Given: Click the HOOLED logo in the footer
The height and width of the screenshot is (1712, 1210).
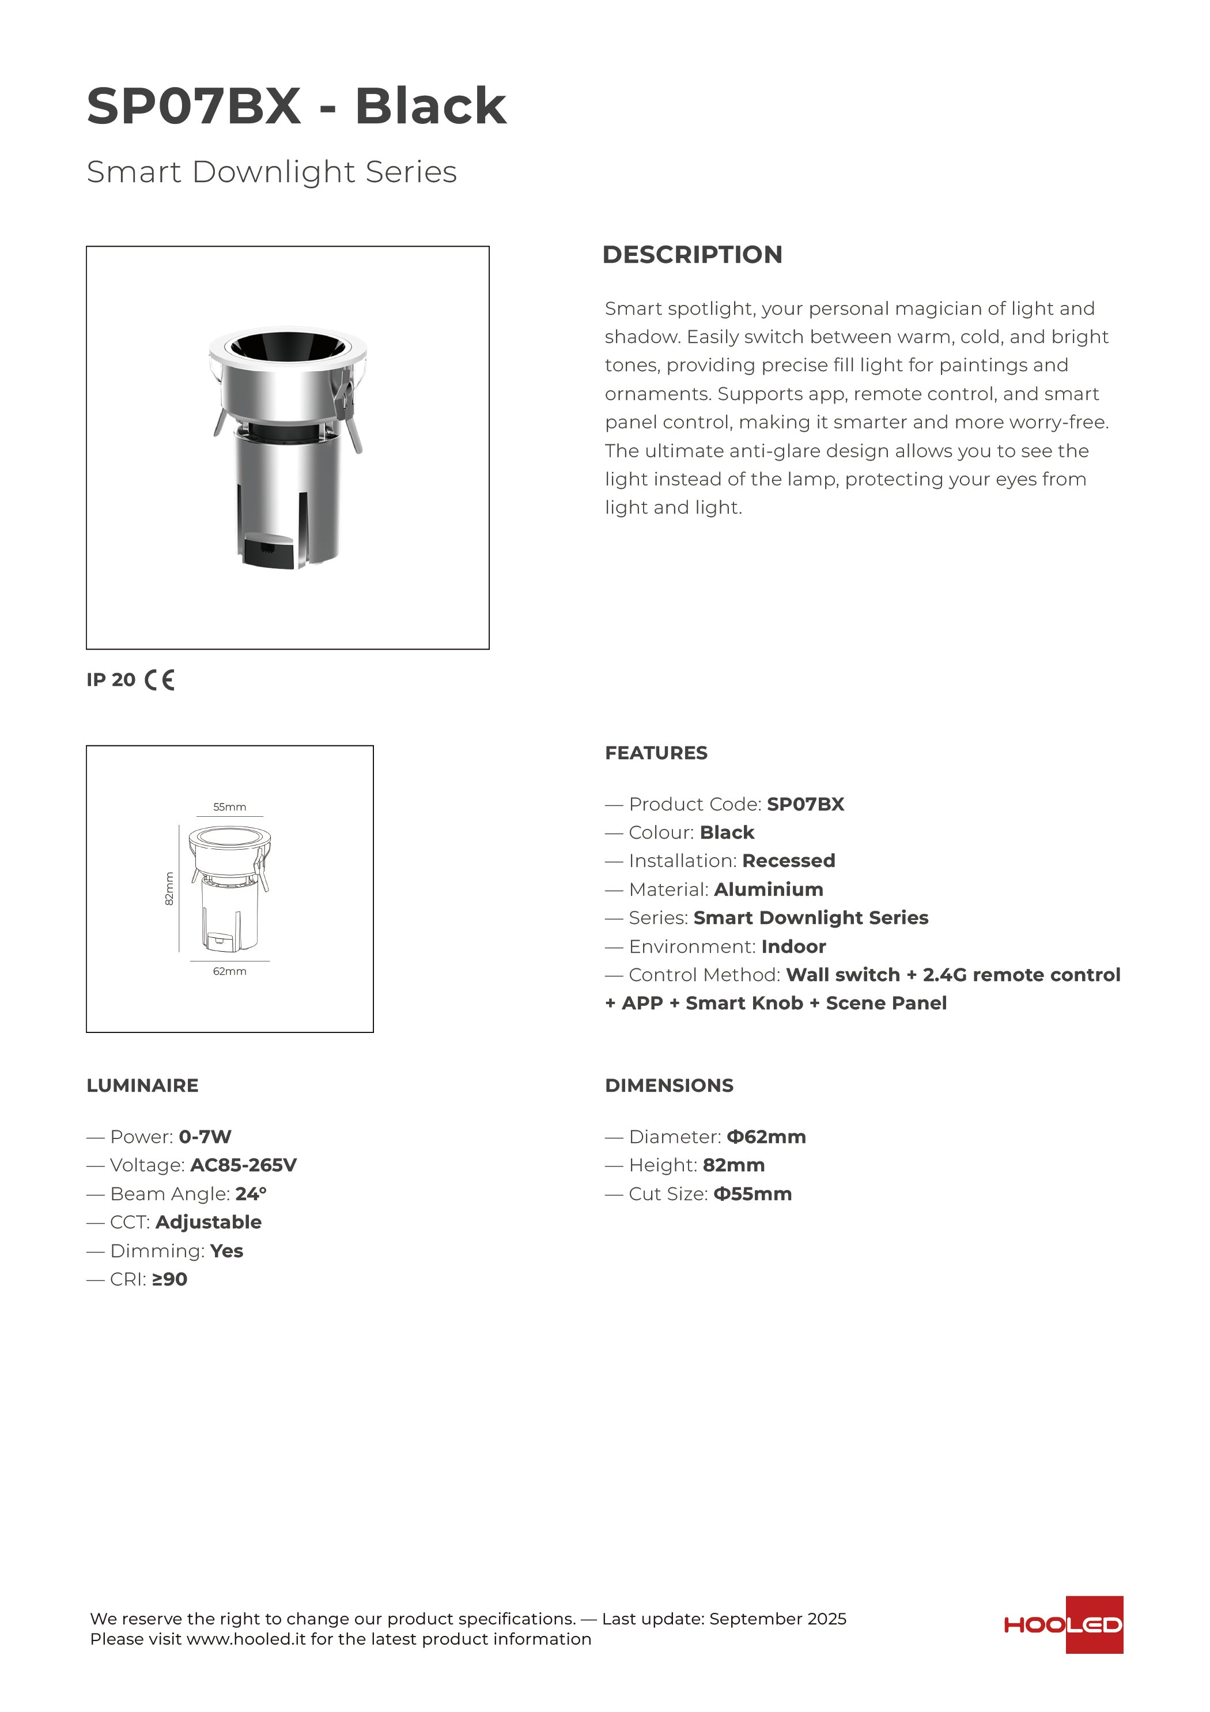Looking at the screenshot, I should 1063,1625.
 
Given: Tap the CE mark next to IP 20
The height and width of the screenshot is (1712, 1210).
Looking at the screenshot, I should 160,680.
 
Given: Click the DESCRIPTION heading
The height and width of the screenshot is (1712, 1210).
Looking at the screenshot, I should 692,254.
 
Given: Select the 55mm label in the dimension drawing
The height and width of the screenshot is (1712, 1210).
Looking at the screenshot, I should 230,807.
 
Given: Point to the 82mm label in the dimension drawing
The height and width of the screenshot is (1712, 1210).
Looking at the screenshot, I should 169,889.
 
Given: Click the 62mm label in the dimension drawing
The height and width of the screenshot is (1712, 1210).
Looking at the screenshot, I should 230,971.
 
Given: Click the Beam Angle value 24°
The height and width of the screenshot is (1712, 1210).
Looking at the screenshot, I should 251,1194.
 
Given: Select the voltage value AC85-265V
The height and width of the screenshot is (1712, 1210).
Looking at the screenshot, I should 243,1166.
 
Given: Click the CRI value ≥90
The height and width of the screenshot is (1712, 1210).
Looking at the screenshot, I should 169,1280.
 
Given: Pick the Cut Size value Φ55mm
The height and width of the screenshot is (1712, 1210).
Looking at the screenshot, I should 753,1194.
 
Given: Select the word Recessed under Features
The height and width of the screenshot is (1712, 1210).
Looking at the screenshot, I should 788,861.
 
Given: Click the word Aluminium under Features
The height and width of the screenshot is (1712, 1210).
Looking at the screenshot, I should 768,889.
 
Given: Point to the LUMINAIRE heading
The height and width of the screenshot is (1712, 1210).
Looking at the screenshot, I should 142,1085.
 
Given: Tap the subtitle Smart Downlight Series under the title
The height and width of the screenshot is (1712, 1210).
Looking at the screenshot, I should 271,172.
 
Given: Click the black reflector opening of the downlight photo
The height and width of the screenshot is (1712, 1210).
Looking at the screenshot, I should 287,346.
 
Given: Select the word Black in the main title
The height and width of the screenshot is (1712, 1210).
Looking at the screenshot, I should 430,106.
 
